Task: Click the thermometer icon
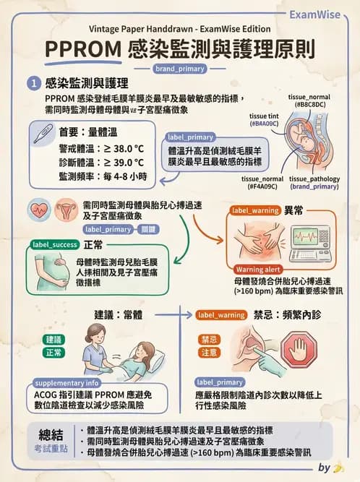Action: pyautogui.click(x=42, y=132)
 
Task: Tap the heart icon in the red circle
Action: pyautogui.click(x=40, y=210)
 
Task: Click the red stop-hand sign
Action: pyautogui.click(x=299, y=350)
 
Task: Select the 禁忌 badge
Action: pyautogui.click(x=209, y=339)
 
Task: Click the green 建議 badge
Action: pyautogui.click(x=54, y=339)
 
